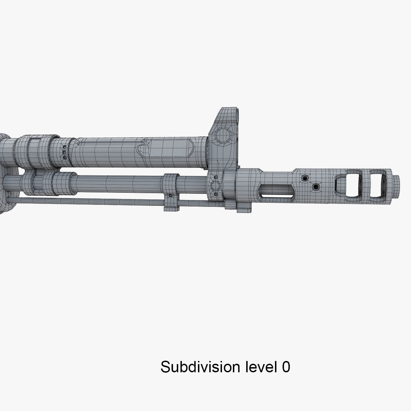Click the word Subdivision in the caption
[x=200, y=367]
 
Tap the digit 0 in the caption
[x=286, y=367]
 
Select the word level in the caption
[x=260, y=367]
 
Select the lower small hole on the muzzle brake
[x=315, y=187]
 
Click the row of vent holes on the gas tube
[x=63, y=152]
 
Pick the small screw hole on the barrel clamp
[x=170, y=196]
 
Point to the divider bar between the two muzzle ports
[x=364, y=185]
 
